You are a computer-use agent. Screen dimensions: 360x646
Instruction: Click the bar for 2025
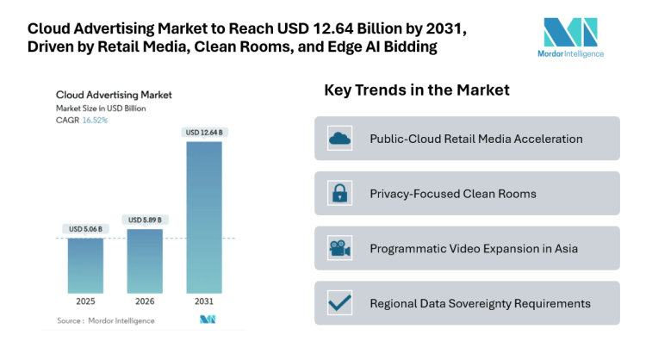[85, 265]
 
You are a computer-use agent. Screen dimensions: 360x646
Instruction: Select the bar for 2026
[145, 261]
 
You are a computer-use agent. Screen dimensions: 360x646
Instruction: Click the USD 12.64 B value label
[204, 132]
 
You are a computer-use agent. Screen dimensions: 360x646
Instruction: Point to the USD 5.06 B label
[85, 229]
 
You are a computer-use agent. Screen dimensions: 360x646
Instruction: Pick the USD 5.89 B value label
[145, 220]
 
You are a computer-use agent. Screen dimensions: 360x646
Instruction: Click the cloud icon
[339, 139]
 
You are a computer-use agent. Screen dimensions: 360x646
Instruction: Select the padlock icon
[339, 193]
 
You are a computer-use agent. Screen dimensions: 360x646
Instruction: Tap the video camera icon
[339, 248]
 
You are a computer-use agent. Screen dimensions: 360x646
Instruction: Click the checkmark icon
[339, 303]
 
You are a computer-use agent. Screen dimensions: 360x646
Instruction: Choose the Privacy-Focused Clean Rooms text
[453, 194]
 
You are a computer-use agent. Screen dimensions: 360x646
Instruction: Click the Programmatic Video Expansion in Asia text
[474, 248]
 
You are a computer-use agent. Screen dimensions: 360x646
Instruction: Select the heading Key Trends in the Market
[417, 90]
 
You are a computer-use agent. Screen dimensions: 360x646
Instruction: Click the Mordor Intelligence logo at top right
[573, 36]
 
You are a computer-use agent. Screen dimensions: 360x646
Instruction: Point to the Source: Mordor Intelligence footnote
[106, 320]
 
